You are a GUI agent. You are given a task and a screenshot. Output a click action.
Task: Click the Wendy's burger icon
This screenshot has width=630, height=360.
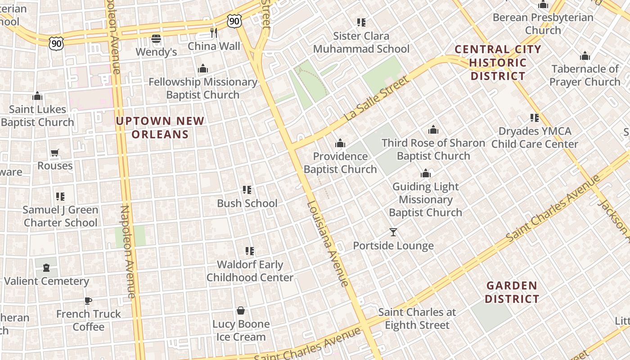(x=156, y=39)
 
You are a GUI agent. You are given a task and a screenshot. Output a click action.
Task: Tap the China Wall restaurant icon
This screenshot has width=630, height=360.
(x=214, y=33)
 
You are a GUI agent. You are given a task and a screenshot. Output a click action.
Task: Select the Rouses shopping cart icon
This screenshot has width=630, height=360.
(x=55, y=153)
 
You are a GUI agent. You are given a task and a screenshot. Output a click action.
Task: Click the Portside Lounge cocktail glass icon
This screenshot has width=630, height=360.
(x=393, y=232)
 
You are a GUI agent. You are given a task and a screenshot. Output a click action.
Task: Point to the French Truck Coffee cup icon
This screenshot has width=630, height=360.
(x=88, y=301)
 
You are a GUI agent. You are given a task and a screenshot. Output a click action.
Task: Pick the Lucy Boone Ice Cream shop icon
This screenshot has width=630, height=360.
(x=241, y=310)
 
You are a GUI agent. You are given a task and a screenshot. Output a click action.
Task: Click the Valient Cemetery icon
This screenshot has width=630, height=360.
(x=46, y=268)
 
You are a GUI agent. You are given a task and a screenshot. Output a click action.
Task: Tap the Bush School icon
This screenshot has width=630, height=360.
(x=247, y=190)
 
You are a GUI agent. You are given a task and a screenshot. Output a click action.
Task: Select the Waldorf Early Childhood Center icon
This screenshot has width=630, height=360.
(x=250, y=251)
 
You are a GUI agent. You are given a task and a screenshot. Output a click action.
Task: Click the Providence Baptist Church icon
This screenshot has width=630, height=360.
(x=340, y=143)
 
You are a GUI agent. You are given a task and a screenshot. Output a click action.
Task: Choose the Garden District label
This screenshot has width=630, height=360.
(x=512, y=292)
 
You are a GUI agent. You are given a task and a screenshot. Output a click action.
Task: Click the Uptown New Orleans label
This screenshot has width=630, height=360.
(x=160, y=127)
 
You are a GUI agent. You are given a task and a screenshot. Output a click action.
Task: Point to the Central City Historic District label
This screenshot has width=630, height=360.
(x=498, y=63)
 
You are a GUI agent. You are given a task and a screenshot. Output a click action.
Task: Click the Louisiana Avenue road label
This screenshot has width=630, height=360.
(x=327, y=243)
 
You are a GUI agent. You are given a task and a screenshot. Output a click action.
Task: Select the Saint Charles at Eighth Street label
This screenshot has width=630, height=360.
(x=417, y=318)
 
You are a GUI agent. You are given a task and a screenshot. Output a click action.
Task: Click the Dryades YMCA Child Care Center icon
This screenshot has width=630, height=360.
(x=535, y=118)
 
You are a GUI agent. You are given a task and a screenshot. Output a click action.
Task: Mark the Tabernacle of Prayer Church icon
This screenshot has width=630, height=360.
(x=585, y=56)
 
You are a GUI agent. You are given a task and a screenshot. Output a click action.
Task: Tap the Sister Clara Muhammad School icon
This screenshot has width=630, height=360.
(x=361, y=22)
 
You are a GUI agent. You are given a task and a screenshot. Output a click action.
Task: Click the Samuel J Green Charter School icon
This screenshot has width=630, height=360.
(x=60, y=197)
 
